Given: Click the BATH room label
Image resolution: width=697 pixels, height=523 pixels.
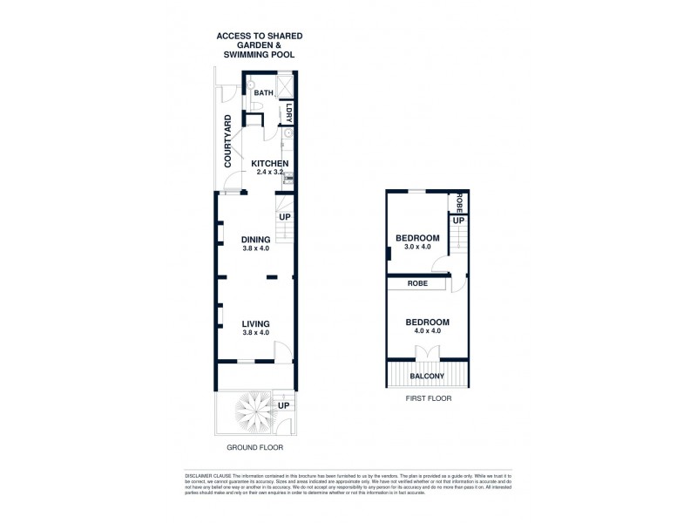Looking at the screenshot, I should pos(264,92).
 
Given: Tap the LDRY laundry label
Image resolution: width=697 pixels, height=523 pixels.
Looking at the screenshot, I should pos(288,112).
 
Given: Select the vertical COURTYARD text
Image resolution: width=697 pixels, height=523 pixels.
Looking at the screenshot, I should pos(227,141).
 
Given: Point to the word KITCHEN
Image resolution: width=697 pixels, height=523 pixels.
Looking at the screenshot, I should pos(270,164).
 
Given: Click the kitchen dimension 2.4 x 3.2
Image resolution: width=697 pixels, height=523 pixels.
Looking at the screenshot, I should pos(271,173).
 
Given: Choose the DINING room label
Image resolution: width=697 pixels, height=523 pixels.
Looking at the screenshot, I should pos(257,240).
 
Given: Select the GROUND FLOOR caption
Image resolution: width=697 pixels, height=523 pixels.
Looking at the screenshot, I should pos(254,448).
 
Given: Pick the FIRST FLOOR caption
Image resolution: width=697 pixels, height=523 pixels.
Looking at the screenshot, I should pos(427,398).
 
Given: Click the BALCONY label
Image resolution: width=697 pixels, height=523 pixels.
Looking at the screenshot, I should pos(427,377).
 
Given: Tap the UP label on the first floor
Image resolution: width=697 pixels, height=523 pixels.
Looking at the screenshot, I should pos(458,221).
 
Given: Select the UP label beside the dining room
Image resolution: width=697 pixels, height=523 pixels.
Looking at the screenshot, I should pos(285,216).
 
